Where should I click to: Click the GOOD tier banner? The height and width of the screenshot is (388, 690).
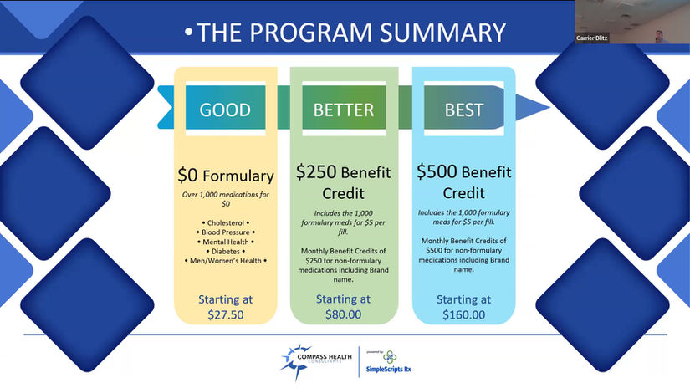tap(225, 107)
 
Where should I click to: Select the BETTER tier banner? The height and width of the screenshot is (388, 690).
tap(344, 107)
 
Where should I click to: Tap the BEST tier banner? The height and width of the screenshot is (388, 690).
tap(464, 107)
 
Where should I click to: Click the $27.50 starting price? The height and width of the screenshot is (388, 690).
tap(225, 315)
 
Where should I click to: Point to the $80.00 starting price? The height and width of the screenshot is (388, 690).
tap(343, 314)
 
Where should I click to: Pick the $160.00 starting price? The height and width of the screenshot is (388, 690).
tap(464, 315)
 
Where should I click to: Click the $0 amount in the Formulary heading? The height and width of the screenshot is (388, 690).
tap(188, 175)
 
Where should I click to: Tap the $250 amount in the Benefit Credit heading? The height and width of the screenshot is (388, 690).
tap(316, 171)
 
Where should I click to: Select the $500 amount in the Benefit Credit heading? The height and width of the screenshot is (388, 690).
tap(437, 171)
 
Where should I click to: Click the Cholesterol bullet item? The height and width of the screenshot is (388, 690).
tap(225, 223)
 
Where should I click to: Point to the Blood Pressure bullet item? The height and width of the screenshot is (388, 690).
tap(225, 232)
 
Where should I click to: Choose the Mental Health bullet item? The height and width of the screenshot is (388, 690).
tap(225, 242)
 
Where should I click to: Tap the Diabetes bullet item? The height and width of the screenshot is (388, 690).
tap(225, 252)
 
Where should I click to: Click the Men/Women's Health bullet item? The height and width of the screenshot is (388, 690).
tap(225, 261)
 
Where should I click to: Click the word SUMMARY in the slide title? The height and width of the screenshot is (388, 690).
tap(442, 33)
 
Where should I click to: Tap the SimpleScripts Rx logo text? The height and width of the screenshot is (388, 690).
tap(389, 369)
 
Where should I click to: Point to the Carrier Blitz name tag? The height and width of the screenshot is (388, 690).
tap(592, 38)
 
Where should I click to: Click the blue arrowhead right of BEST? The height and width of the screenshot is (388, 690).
tap(532, 107)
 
